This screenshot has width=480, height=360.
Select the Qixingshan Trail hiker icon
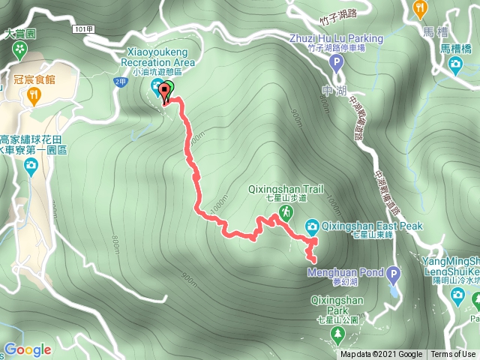click(285, 215)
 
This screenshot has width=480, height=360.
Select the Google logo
click(28, 349)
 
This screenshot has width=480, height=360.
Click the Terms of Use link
click(453, 355)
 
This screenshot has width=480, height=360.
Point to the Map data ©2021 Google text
click(380, 355)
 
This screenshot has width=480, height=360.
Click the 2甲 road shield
click(120, 84)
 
